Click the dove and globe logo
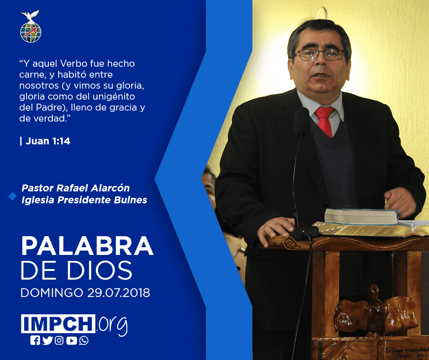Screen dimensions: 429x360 click(x=31, y=26)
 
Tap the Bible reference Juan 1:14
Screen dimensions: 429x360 click(x=48, y=141)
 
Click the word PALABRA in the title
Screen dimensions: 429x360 click(x=87, y=246)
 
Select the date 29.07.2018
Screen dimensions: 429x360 click(x=119, y=292)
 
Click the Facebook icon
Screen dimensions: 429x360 click(x=35, y=340)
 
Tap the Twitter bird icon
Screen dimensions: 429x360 click(x=47, y=340)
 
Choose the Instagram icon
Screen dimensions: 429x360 click(x=59, y=340)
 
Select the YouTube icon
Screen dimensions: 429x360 click(x=71, y=340)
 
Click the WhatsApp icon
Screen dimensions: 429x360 click(x=84, y=340)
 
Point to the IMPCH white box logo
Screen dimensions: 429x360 click(x=58, y=323)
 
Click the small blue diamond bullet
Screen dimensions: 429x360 click(x=13, y=196)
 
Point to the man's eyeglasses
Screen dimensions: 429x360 click(x=319, y=54)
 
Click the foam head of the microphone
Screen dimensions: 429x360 click(x=301, y=120)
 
